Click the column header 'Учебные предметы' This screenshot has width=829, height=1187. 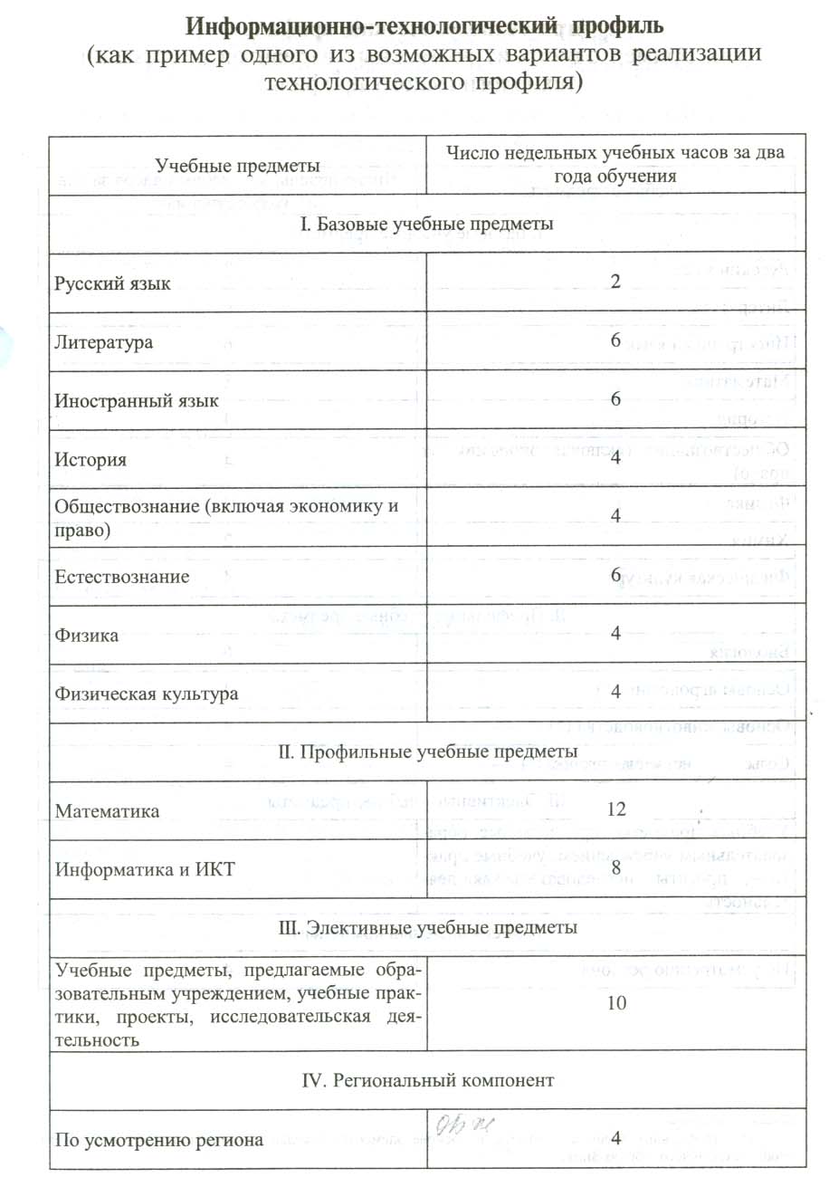(237, 166)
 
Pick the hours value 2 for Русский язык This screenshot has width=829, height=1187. (615, 282)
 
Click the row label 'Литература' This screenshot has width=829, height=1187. (103, 342)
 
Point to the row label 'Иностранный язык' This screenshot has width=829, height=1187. (136, 400)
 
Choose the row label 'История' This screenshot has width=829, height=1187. (91, 459)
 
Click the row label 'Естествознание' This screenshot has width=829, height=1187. (122, 576)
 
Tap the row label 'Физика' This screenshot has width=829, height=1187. (87, 635)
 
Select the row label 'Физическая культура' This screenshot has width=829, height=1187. (146, 694)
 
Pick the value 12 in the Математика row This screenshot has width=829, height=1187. (616, 809)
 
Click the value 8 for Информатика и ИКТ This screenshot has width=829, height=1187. (615, 868)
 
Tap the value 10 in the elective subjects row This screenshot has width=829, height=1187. (616, 1003)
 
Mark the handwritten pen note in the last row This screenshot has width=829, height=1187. (463, 1126)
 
